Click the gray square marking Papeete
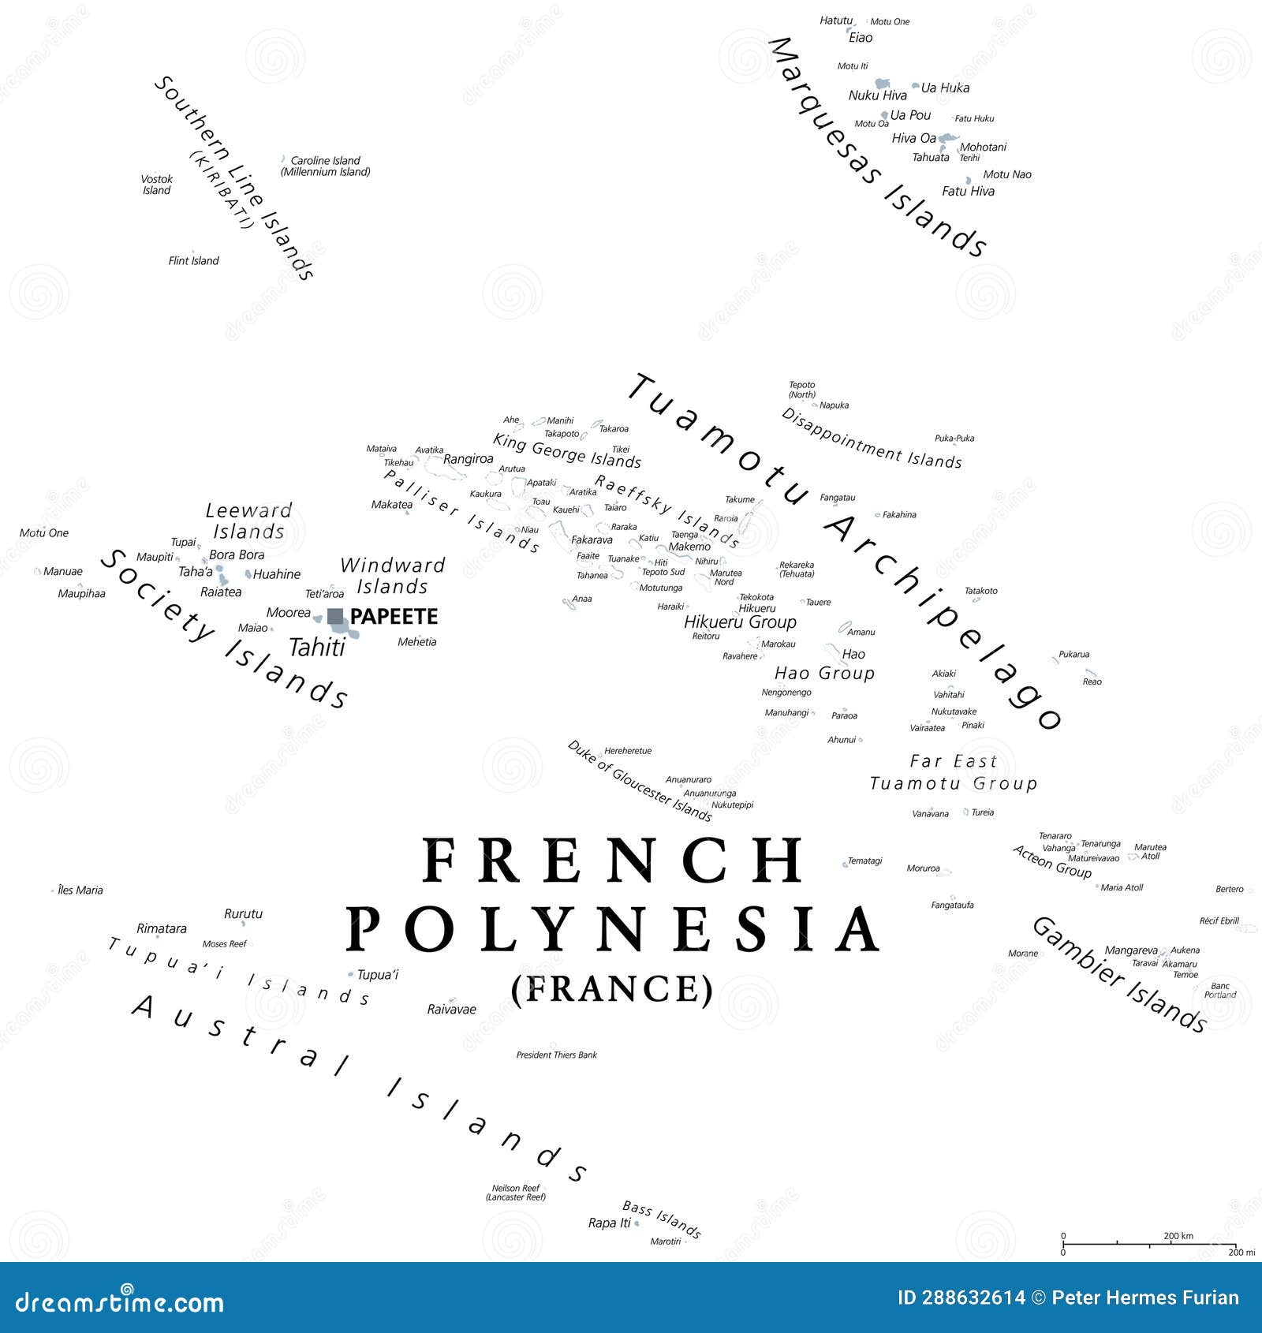click(x=335, y=616)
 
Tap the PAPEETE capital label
click(x=394, y=617)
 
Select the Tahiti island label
click(x=317, y=648)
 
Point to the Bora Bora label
click(x=237, y=554)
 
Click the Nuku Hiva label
click(x=877, y=95)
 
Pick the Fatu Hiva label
click(x=968, y=191)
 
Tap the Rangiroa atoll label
click(x=468, y=459)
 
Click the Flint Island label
click(x=193, y=260)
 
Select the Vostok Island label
click(x=156, y=185)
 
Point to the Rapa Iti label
click(x=609, y=1223)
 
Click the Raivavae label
click(x=451, y=1009)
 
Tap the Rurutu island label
click(x=243, y=913)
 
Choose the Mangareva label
click(x=1130, y=950)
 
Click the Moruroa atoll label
click(x=923, y=868)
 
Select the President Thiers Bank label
click(x=556, y=1055)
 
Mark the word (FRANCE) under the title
click(x=612, y=989)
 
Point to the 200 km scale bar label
click(x=1178, y=1236)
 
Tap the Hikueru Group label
click(x=740, y=622)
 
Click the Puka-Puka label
click(x=954, y=438)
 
